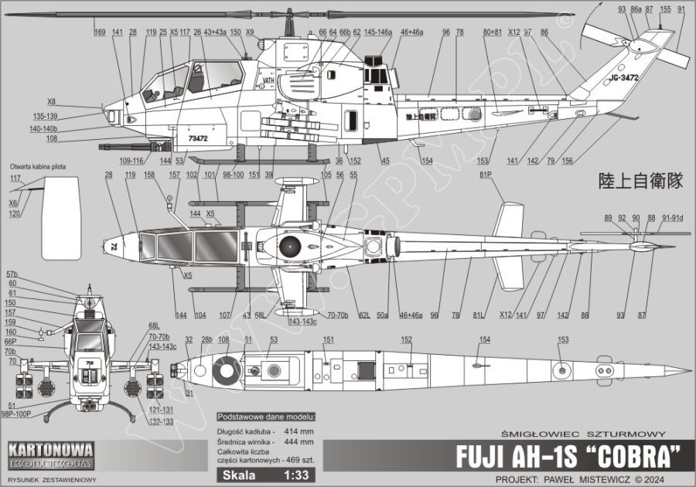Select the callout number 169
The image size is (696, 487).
[x=100, y=32]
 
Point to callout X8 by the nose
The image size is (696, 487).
[x=52, y=101]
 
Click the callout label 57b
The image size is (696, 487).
[x=12, y=275]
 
